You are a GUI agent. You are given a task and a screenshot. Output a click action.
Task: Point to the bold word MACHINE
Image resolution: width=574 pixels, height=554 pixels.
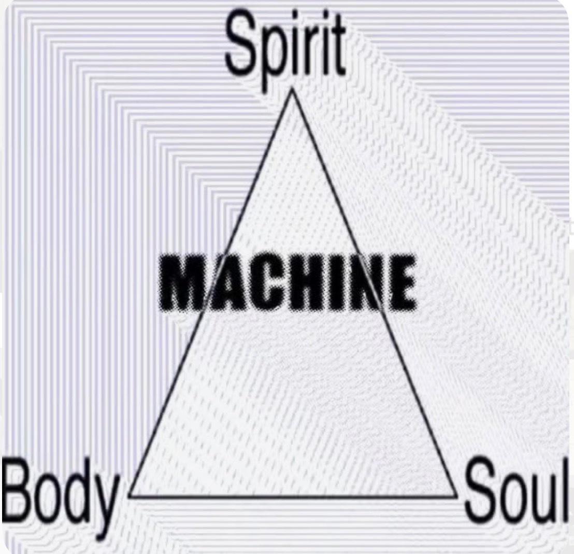[x=288, y=282]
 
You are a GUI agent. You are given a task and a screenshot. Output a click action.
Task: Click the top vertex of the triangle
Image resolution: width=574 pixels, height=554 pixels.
[x=292, y=89]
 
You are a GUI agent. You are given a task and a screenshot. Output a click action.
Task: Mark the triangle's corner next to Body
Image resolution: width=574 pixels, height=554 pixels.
[x=130, y=496]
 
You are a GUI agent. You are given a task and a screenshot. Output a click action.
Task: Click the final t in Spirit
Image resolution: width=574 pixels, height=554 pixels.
[x=337, y=46]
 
